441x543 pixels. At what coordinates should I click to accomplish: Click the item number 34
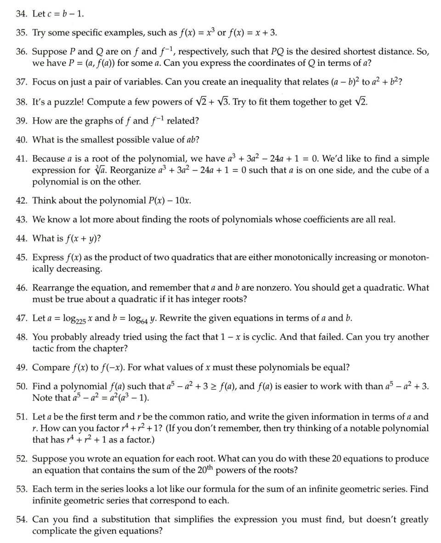22,13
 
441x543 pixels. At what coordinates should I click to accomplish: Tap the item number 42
22,200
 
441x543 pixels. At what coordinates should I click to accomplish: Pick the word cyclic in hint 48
266,337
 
